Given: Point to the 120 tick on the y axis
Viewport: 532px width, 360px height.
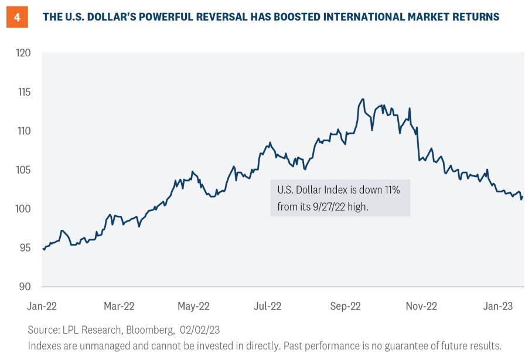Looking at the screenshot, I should (24, 53).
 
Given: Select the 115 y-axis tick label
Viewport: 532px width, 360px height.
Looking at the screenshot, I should (24, 92).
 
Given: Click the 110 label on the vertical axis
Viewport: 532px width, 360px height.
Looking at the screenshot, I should (24, 131).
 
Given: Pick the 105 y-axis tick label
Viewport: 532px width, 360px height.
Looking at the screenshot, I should (24, 170).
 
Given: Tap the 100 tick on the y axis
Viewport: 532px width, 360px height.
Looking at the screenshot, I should (24, 209).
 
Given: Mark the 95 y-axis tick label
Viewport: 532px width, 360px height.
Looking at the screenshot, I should (25, 247).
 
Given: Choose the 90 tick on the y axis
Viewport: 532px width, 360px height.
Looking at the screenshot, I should (25, 286).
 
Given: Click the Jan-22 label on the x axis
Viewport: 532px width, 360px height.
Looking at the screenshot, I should (43, 306).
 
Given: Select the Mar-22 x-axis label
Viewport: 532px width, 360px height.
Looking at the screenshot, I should (119, 306).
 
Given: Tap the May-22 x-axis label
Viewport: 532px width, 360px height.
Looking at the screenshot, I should (193, 306).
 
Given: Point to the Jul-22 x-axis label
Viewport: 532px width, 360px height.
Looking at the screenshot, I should (268, 306).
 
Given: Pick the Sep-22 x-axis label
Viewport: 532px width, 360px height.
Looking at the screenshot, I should (345, 306).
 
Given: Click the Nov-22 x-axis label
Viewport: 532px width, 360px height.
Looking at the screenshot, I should (421, 306).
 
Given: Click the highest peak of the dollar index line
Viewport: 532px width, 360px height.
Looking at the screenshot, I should (363, 99).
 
